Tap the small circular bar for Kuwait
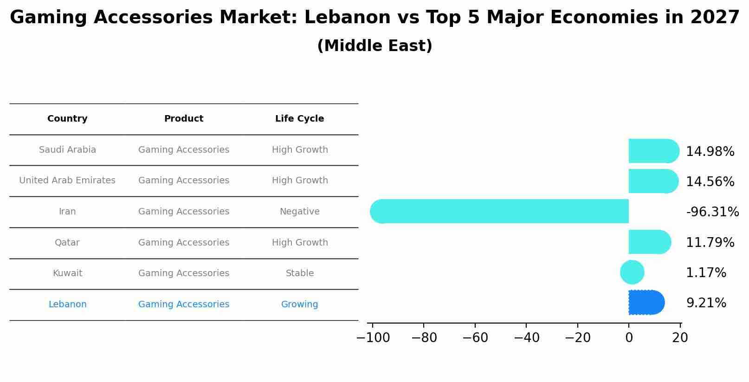click(632, 272)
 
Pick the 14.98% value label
click(710, 152)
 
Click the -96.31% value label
click(712, 212)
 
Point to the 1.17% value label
click(706, 273)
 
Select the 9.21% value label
click(706, 303)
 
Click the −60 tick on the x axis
click(475, 338)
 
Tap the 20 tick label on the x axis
click(680, 338)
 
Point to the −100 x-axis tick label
click(373, 338)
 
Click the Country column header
click(67, 119)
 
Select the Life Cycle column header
click(299, 119)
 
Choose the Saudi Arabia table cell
click(67, 150)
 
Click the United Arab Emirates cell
click(67, 181)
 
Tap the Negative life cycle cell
click(299, 212)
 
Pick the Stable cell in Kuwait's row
click(299, 273)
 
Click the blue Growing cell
click(299, 304)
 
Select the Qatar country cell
click(67, 243)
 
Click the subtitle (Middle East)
click(374, 46)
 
